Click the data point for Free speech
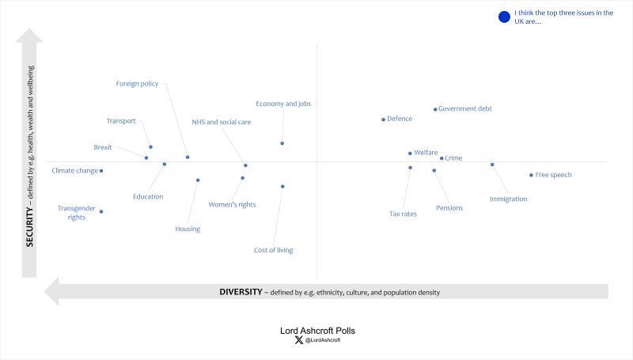tap(531, 175)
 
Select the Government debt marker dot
tap(435, 109)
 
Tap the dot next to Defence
tap(383, 119)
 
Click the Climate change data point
tap(101, 171)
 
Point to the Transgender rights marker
tap(101, 211)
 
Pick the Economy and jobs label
tap(282, 104)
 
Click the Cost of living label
tap(273, 250)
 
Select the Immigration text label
tap(508, 199)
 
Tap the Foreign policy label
tap(137, 83)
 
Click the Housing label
tap(188, 229)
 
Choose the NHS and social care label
tap(222, 122)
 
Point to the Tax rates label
tap(403, 214)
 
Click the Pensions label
tap(449, 208)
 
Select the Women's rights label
tap(232, 205)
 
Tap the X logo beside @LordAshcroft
tap(298, 340)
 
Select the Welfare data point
tap(410, 153)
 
